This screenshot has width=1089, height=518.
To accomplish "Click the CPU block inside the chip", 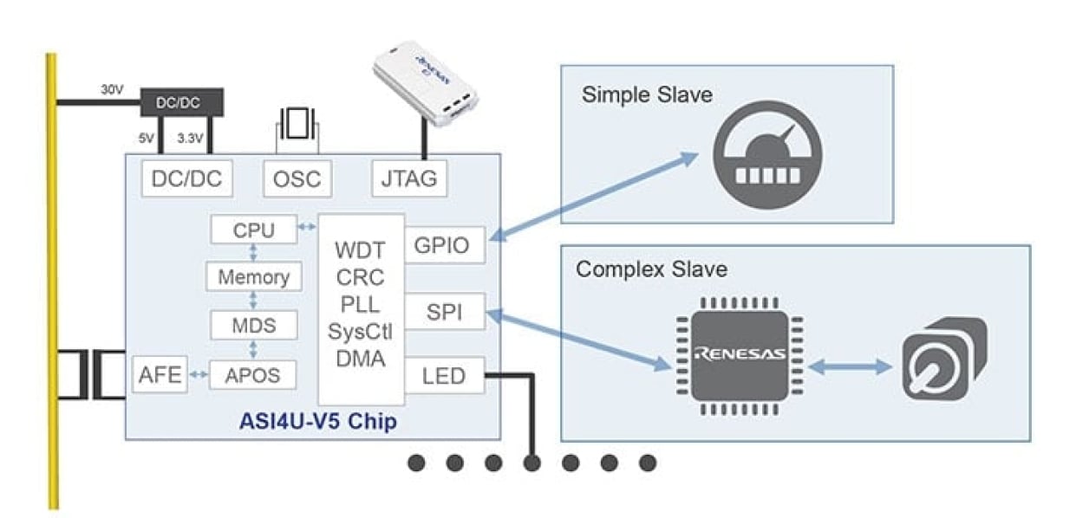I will pyautogui.click(x=254, y=230).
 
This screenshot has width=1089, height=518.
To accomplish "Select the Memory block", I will pyautogui.click(x=254, y=278).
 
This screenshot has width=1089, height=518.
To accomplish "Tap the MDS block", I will pyautogui.click(x=254, y=326).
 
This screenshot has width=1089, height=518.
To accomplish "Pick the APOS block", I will pyautogui.click(x=254, y=374).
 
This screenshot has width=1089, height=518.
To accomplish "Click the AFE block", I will pyautogui.click(x=160, y=374).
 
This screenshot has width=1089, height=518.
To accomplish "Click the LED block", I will pyautogui.click(x=445, y=376).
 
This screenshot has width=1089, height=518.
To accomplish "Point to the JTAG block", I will pyautogui.click(x=410, y=179).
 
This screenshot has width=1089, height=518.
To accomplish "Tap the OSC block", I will pyautogui.click(x=297, y=179).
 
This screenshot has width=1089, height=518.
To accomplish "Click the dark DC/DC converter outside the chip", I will pyautogui.click(x=180, y=102).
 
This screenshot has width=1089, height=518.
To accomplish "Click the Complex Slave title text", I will pyautogui.click(x=651, y=269).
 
